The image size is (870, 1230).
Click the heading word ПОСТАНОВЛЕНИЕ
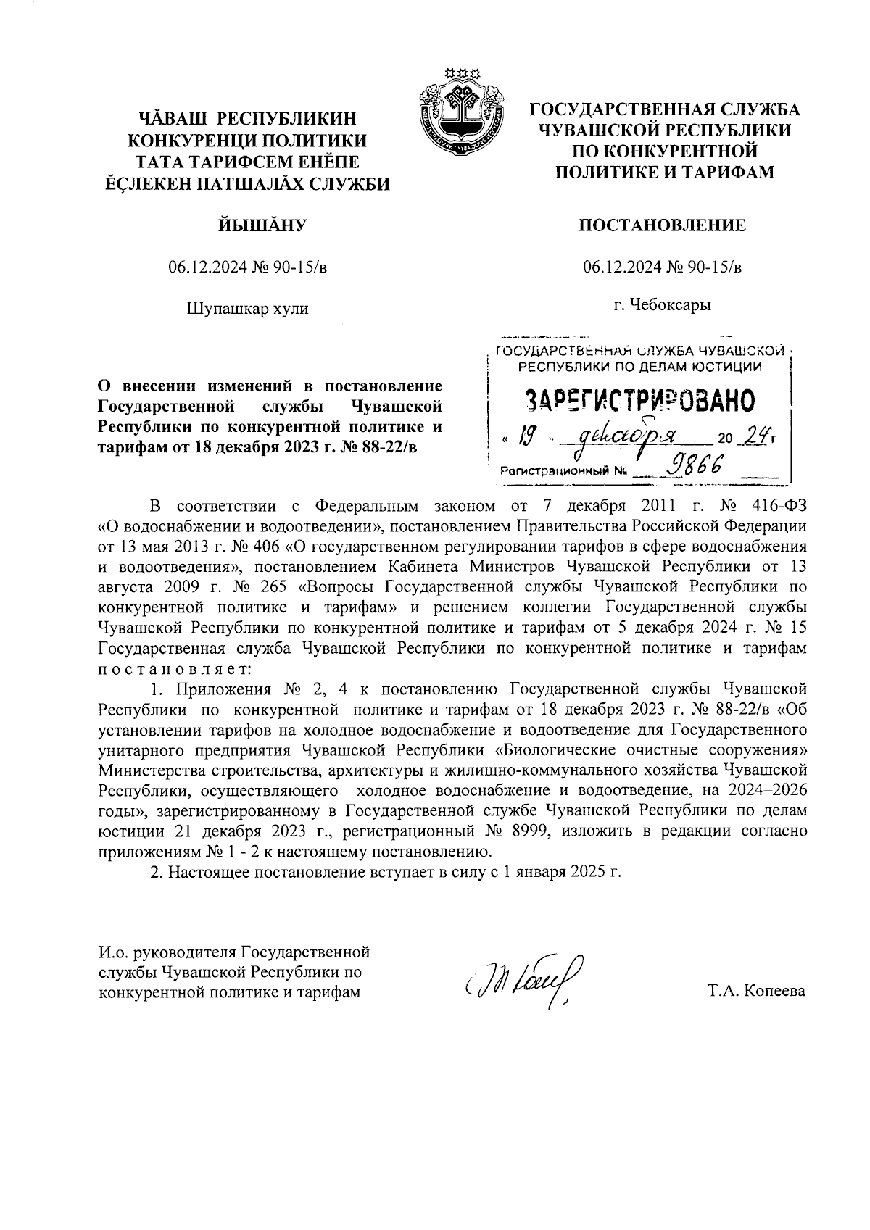[x=662, y=225]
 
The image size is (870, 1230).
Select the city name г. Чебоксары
[x=662, y=304]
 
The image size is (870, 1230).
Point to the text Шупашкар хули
[x=247, y=308]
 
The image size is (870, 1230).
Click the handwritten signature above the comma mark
[x=523, y=978]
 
